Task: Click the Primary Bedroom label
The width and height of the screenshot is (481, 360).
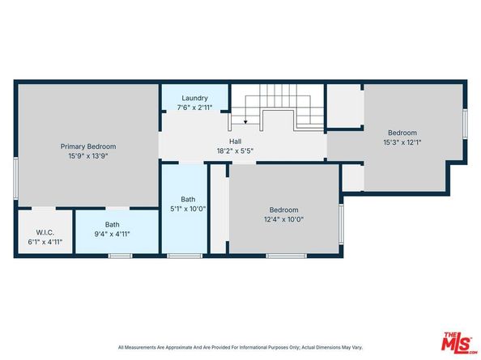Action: (x=88, y=146)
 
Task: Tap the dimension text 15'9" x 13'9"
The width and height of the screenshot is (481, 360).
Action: (x=88, y=156)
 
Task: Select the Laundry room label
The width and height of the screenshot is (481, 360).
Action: (x=194, y=98)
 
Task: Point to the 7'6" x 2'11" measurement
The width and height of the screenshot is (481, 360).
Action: (x=194, y=107)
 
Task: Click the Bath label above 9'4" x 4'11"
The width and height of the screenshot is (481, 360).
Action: (x=112, y=225)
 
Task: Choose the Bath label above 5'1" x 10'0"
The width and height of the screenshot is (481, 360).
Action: (x=188, y=199)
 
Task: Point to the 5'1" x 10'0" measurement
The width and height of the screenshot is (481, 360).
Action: (x=188, y=209)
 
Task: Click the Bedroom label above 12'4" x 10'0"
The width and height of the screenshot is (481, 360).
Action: (x=284, y=208)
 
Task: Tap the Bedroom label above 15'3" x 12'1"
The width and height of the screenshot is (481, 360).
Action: (x=402, y=133)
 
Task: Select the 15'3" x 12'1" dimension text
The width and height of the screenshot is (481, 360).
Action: (x=402, y=142)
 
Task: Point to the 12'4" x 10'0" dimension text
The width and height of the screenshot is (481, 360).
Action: (x=284, y=218)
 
